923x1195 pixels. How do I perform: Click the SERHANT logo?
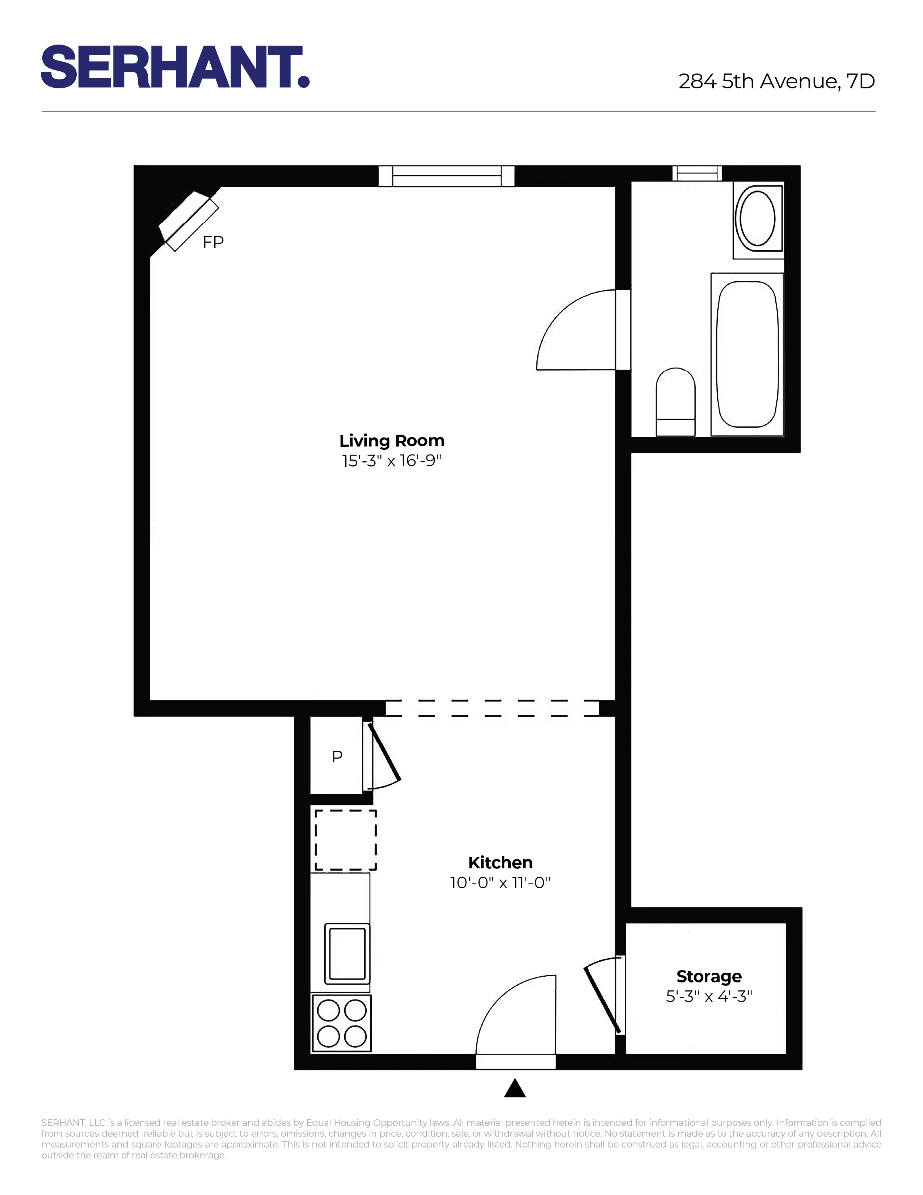tap(175, 67)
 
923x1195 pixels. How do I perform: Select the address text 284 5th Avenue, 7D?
tap(776, 81)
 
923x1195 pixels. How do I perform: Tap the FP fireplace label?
tap(213, 242)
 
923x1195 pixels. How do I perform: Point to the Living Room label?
tap(392, 440)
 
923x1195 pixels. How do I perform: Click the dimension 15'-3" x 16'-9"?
tap(392, 461)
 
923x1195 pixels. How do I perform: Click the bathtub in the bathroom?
tap(747, 354)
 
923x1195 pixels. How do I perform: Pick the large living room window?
tap(446, 176)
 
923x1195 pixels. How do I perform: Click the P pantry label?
tap(337, 756)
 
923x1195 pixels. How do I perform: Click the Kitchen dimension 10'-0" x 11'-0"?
tap(500, 882)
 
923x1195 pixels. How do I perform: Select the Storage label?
tap(709, 976)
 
